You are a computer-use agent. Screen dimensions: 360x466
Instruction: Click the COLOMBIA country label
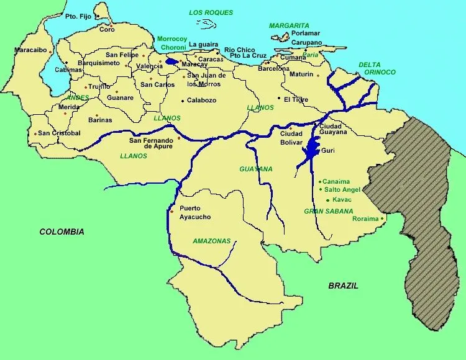tap(62, 232)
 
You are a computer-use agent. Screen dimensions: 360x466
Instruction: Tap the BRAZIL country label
tap(343, 286)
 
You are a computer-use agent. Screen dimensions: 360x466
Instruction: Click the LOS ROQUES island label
tap(211, 13)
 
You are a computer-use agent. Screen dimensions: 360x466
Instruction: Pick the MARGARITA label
tap(289, 25)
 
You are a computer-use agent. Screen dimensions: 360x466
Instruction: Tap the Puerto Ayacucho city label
tap(194, 212)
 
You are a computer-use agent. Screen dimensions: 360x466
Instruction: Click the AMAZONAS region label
tap(211, 241)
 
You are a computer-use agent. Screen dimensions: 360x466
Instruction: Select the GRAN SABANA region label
tap(329, 211)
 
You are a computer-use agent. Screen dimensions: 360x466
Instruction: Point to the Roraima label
tap(365, 218)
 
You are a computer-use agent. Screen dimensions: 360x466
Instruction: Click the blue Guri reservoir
tap(311, 150)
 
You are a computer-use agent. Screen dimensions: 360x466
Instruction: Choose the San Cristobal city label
tap(59, 133)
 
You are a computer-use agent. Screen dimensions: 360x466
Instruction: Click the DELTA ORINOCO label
tap(377, 68)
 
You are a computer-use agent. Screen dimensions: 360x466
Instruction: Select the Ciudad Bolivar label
tap(291, 137)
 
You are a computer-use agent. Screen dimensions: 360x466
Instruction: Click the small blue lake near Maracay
tap(171, 62)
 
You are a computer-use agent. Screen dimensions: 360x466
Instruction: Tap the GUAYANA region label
tap(256, 169)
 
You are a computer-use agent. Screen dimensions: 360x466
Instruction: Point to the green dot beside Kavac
tap(328, 200)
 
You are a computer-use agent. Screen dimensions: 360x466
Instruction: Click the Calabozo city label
tap(201, 100)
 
